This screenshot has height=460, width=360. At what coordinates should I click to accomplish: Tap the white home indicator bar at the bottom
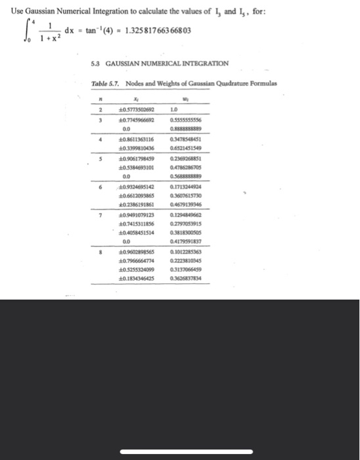pos(179,434)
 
